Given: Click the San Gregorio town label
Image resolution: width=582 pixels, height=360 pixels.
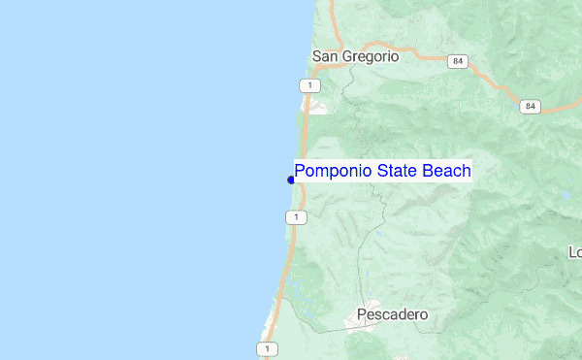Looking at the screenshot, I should (x=355, y=56).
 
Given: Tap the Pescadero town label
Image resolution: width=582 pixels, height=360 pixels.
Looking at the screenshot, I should (x=392, y=314).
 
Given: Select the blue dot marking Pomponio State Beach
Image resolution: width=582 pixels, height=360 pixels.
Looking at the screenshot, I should (x=291, y=180).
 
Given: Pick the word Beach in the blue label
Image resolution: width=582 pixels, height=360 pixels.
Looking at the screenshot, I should (x=448, y=172).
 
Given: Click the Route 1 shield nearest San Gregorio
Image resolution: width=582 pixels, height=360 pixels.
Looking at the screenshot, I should (x=308, y=86).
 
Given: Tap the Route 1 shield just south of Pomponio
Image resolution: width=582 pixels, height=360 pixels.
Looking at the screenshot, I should (x=294, y=217).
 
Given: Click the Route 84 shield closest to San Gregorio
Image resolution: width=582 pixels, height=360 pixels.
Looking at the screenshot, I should (x=457, y=61).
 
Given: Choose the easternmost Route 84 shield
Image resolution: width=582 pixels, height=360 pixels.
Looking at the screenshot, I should (x=529, y=106).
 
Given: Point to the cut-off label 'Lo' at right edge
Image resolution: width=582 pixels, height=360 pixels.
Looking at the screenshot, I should (x=574, y=252).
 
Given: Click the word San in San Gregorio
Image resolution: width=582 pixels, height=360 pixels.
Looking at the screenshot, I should (x=324, y=56).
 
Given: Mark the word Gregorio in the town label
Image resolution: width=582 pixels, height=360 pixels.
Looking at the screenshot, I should (x=369, y=56).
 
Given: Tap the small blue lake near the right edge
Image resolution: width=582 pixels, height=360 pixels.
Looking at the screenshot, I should (x=566, y=195).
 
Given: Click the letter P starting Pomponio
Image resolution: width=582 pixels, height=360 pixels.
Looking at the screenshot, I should (x=301, y=172).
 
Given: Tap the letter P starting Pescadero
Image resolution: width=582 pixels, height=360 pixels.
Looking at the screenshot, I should (x=362, y=314).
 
